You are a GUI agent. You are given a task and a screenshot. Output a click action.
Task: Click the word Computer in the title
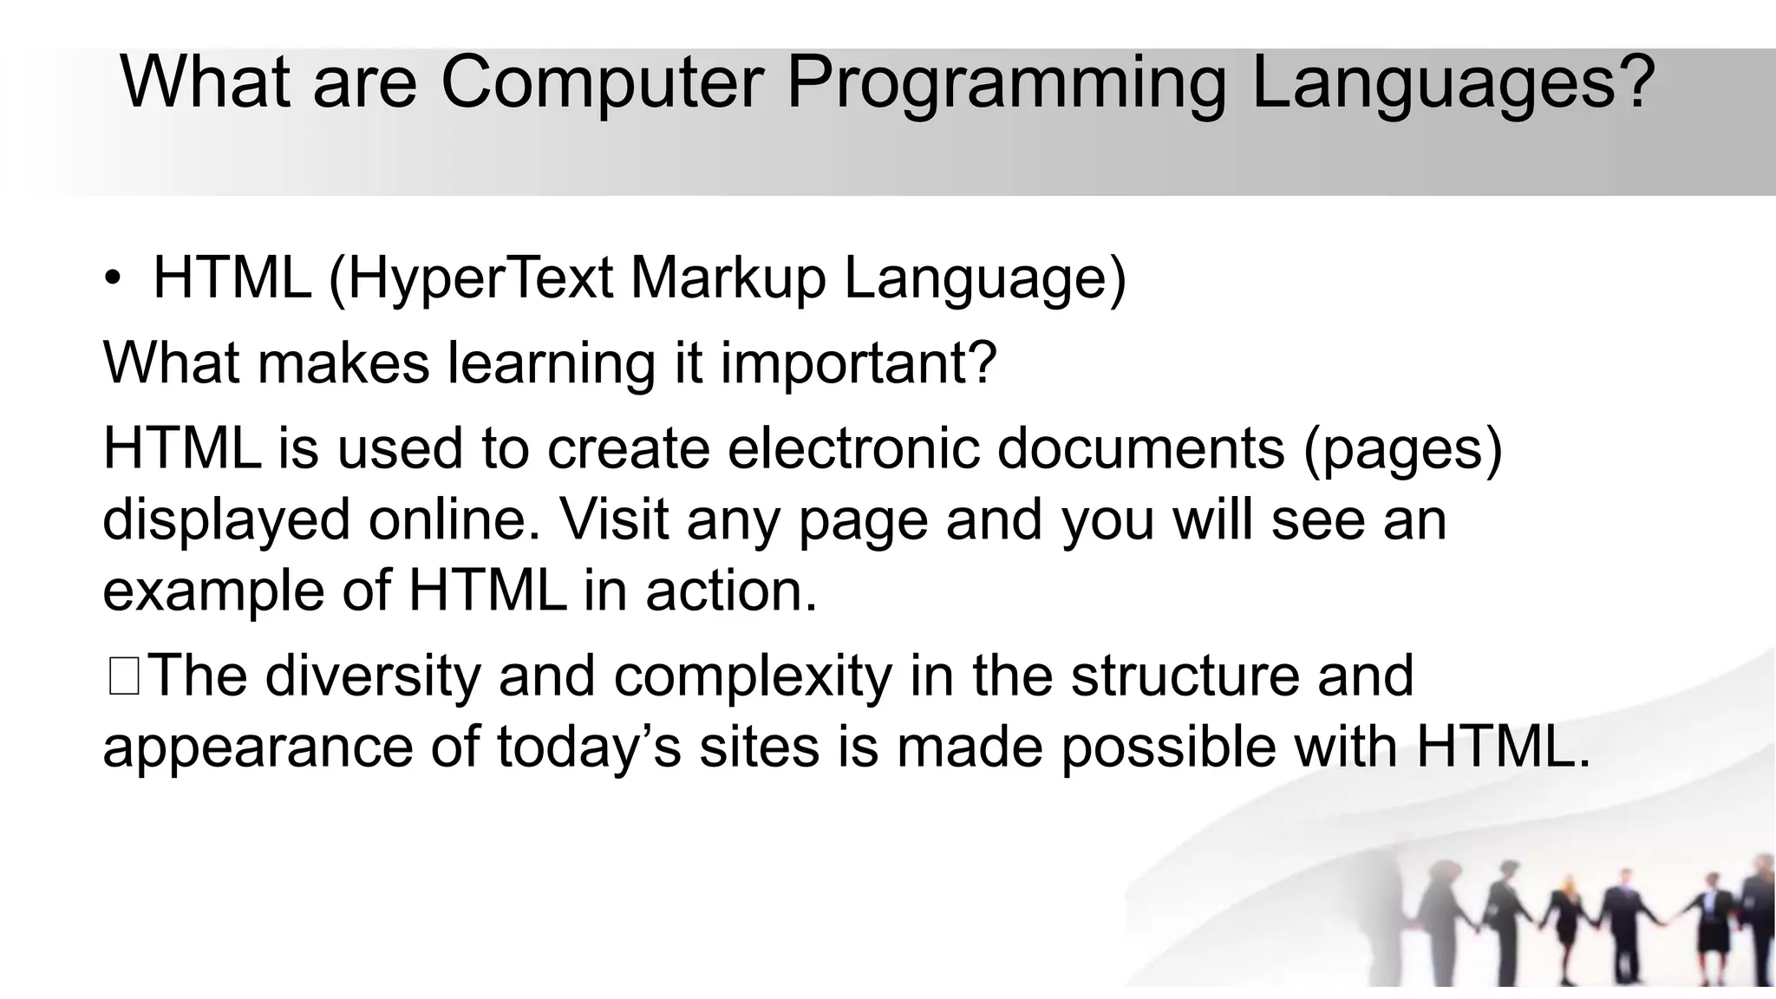602,82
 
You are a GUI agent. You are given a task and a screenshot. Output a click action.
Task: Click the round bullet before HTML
112,279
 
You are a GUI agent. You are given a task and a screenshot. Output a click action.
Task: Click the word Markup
728,281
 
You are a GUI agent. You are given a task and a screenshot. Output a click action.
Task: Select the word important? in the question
859,364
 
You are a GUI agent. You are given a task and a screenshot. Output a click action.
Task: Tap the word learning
552,364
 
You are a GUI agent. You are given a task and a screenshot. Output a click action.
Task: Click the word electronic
853,448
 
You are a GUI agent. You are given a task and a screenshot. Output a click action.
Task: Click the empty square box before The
124,677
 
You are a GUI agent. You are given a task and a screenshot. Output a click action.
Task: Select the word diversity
372,677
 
